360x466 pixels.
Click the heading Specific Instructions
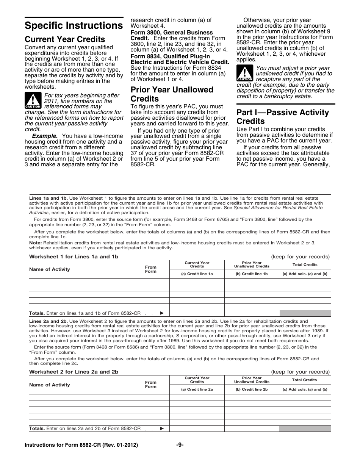[74, 26]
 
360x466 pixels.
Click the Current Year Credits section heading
[65, 39]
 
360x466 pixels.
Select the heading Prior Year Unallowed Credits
[172, 94]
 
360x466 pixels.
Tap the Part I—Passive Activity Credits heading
[283, 117]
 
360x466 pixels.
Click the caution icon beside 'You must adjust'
[244, 73]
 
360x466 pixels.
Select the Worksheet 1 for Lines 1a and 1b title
[74, 256]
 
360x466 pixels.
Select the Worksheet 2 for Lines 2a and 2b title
[74, 372]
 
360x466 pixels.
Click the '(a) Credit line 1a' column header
[197, 274]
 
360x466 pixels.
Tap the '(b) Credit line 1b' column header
[252, 274]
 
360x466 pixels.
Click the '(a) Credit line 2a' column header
[197, 389]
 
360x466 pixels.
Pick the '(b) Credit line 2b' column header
[252, 389]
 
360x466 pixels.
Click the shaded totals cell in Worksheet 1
[305, 313]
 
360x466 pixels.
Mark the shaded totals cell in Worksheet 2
[305, 428]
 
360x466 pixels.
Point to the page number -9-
[180, 445]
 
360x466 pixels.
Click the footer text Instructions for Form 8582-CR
[81, 445]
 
